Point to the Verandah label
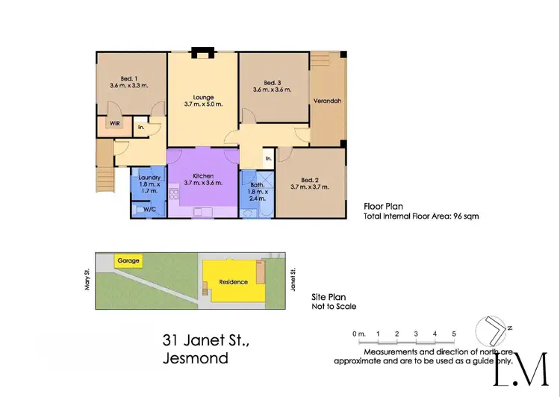click(328, 101)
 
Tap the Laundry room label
click(147, 177)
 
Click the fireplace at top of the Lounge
click(202, 52)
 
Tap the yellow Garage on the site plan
click(127, 260)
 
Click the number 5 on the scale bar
click(453, 333)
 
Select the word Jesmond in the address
click(195, 358)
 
